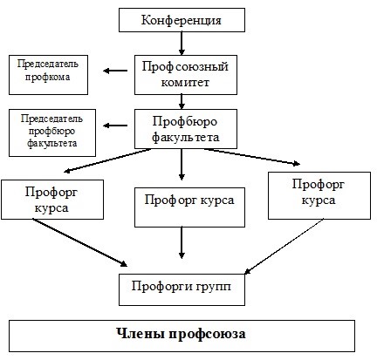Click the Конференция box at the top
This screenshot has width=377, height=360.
click(182, 20)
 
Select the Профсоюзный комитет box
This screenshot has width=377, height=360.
click(186, 75)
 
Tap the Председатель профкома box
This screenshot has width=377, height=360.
click(48, 75)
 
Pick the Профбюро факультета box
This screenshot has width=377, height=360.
click(186, 129)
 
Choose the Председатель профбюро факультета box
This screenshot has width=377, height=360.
click(52, 132)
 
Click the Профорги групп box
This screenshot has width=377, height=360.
click(182, 289)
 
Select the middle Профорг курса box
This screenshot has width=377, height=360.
click(189, 207)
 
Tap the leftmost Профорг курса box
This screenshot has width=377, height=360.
click(52, 200)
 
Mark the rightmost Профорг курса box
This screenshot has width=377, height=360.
click(319, 195)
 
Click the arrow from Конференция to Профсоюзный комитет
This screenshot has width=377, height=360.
click(182, 44)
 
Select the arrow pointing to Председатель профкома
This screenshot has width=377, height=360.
click(115, 71)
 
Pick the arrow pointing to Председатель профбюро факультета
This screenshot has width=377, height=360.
click(115, 126)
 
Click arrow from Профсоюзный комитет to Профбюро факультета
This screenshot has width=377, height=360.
click(182, 102)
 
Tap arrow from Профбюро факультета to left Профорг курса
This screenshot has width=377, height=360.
click(107, 160)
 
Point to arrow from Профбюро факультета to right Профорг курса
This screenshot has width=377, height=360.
click(252, 157)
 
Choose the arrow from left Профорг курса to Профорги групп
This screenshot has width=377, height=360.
click(79, 242)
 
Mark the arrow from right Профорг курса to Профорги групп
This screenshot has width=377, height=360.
click(284, 247)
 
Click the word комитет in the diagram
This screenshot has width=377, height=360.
click(185, 83)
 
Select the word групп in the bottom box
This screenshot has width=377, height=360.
click(214, 287)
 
